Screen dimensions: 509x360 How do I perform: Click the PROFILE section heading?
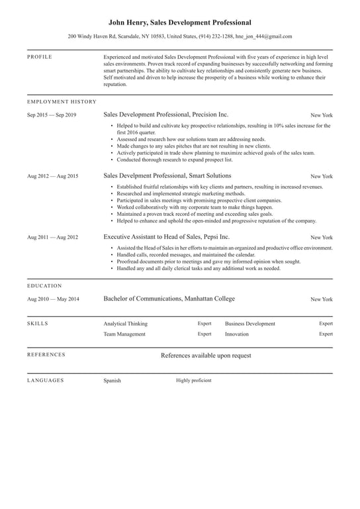point(39,58)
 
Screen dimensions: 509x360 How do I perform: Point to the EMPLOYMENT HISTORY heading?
point(62,102)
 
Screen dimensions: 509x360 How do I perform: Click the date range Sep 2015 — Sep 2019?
point(52,115)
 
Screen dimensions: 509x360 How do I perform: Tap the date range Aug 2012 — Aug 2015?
point(52,176)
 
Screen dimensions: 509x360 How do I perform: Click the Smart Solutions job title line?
point(167,175)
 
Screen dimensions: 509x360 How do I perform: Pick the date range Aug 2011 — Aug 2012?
point(52,237)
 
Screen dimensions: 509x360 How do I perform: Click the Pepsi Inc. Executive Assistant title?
point(166,236)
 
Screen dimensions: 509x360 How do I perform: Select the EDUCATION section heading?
point(44,286)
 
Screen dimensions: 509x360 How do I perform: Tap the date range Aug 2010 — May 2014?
point(53,299)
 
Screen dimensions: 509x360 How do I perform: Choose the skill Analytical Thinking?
point(125,324)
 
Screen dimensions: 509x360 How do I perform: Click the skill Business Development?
point(249,324)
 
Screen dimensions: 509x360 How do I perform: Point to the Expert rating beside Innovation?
point(326,334)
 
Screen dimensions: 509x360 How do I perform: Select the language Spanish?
point(112,381)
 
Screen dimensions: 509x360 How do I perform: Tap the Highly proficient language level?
point(194,381)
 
